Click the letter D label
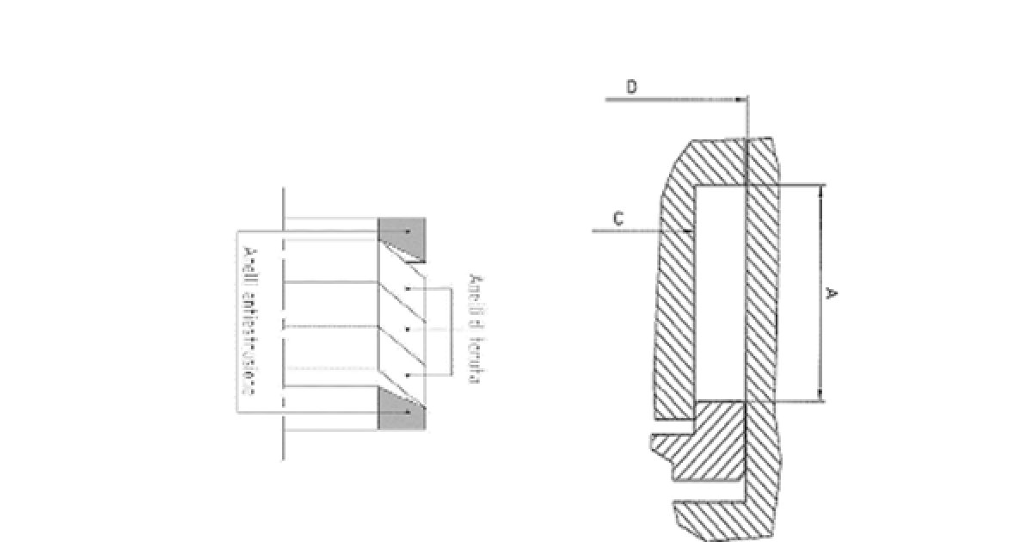(x=630, y=89)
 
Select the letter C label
(x=617, y=219)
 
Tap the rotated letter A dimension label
(x=831, y=294)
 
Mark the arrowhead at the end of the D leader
(x=742, y=100)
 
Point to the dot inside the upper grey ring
(x=408, y=229)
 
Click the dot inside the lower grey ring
(x=408, y=415)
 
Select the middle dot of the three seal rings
(x=407, y=330)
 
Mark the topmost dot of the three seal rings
(x=407, y=286)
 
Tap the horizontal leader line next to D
(x=671, y=100)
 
